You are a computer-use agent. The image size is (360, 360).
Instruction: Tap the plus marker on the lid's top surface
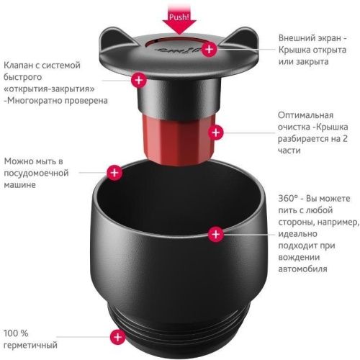(209, 49)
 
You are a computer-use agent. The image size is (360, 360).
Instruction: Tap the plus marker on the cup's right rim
(214, 233)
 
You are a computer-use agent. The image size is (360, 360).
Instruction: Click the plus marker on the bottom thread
(114, 336)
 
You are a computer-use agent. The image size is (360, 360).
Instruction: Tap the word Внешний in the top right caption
(298, 37)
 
